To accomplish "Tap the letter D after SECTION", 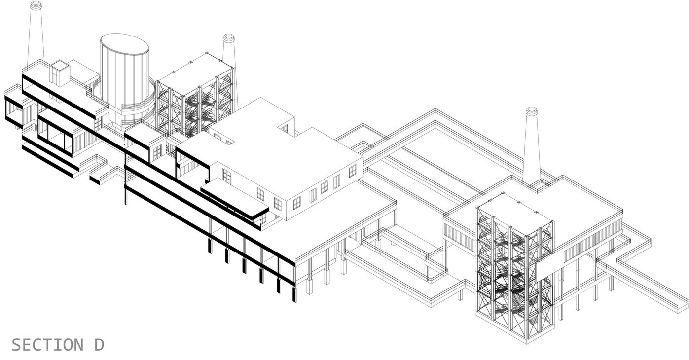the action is point(99,345).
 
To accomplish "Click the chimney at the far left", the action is point(36,35).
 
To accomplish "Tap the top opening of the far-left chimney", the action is point(36,5).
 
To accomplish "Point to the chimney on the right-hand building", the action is point(531,148).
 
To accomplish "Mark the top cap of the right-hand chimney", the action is point(531,110).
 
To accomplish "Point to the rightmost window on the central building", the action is point(352,171).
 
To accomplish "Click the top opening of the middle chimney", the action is point(228,37).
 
